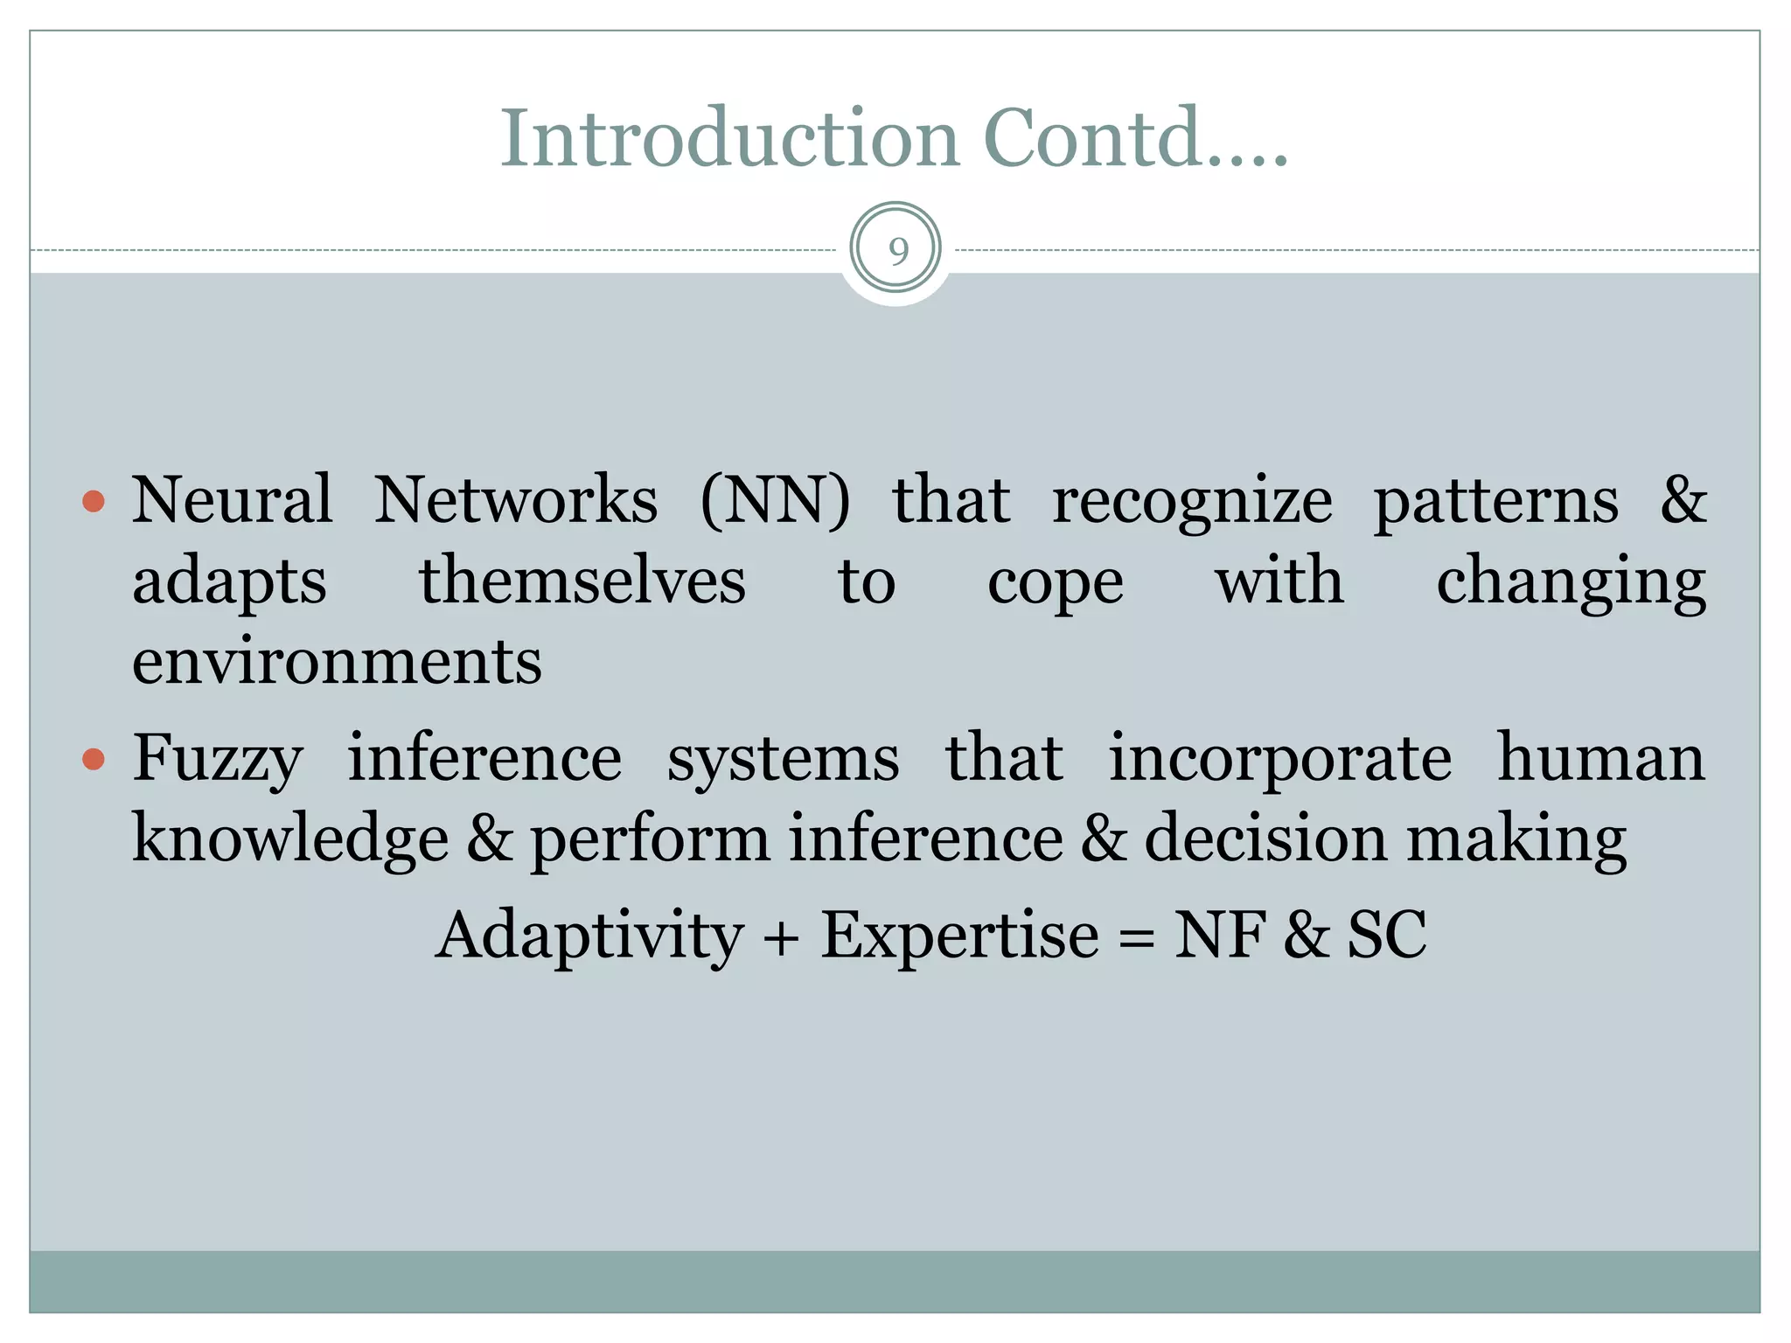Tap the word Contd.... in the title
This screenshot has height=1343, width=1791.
coord(1135,138)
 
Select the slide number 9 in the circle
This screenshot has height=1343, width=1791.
coord(897,251)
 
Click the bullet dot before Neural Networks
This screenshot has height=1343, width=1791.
coord(94,502)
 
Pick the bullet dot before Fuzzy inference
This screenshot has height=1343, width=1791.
coord(94,759)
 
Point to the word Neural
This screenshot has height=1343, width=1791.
coord(232,500)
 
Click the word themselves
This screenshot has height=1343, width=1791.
coord(582,581)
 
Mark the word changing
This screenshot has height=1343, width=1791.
coord(1571,582)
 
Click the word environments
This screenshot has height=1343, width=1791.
coord(337,661)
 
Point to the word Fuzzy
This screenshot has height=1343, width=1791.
coord(218,759)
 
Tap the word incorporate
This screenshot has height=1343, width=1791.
coord(1280,759)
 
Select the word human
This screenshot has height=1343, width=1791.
coord(1600,757)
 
